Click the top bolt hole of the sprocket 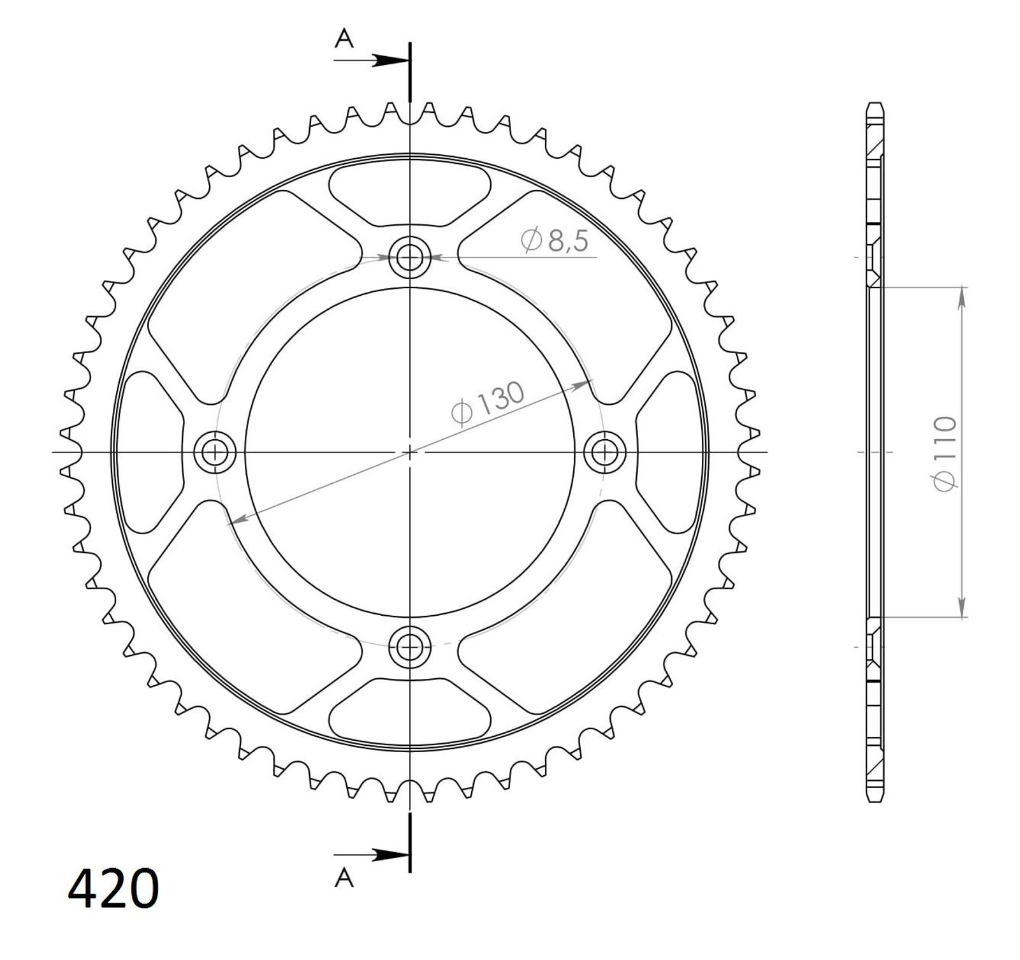point(409,258)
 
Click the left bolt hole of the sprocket point(215,453)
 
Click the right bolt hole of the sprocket point(605,453)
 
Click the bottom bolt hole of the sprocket point(409,647)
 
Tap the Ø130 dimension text point(488,403)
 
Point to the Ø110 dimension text point(944,453)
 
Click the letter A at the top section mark point(344,40)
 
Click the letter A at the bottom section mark point(344,878)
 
